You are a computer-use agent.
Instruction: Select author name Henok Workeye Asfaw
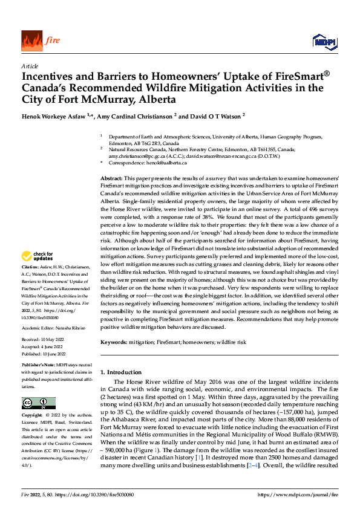(59, 115)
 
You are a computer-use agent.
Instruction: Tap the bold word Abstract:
(111, 180)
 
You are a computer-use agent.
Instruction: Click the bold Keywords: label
(114, 342)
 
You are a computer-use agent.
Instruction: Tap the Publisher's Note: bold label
(38, 366)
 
